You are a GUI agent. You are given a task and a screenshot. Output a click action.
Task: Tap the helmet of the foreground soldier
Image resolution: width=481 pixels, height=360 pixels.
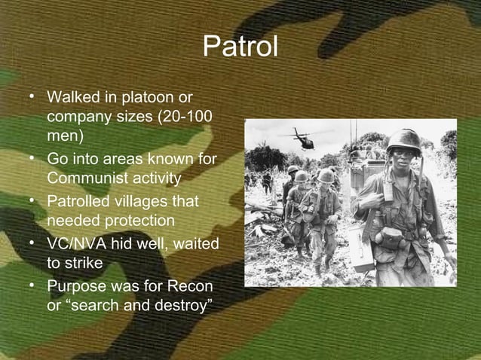(x=403, y=139)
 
